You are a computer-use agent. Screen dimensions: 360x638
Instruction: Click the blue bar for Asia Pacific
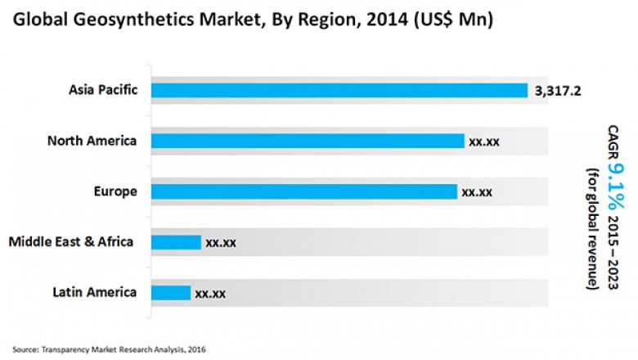click(x=339, y=90)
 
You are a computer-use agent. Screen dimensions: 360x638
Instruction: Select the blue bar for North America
click(x=308, y=141)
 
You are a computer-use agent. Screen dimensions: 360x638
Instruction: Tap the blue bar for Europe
click(x=304, y=191)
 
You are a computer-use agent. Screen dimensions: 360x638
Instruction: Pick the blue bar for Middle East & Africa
click(x=176, y=242)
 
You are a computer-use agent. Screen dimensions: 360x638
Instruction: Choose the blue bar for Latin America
click(x=171, y=292)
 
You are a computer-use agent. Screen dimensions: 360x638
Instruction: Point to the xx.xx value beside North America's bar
click(x=484, y=142)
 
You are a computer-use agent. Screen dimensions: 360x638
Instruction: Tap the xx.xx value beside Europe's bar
click(x=477, y=192)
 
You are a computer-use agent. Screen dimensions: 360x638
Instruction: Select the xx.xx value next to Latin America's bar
click(x=210, y=293)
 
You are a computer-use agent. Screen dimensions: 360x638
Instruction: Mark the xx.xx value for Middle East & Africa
click(x=221, y=243)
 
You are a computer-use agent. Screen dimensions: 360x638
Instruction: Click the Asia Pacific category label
click(x=102, y=89)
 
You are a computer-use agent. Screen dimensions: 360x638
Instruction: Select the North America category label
click(x=92, y=141)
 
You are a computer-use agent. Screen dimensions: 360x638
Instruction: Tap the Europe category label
click(x=115, y=191)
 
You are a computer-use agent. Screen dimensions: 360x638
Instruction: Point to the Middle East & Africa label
click(x=70, y=242)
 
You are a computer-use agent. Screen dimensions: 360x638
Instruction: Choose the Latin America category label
click(x=95, y=292)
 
